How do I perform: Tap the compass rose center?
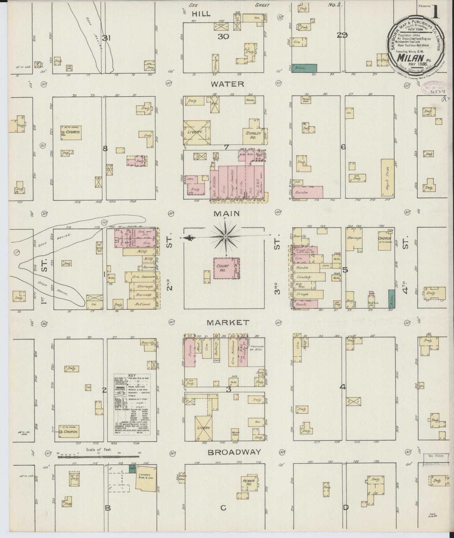[226, 236]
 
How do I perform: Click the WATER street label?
[227, 84]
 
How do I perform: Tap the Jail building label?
[190, 178]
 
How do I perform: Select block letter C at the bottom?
[223, 508]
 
